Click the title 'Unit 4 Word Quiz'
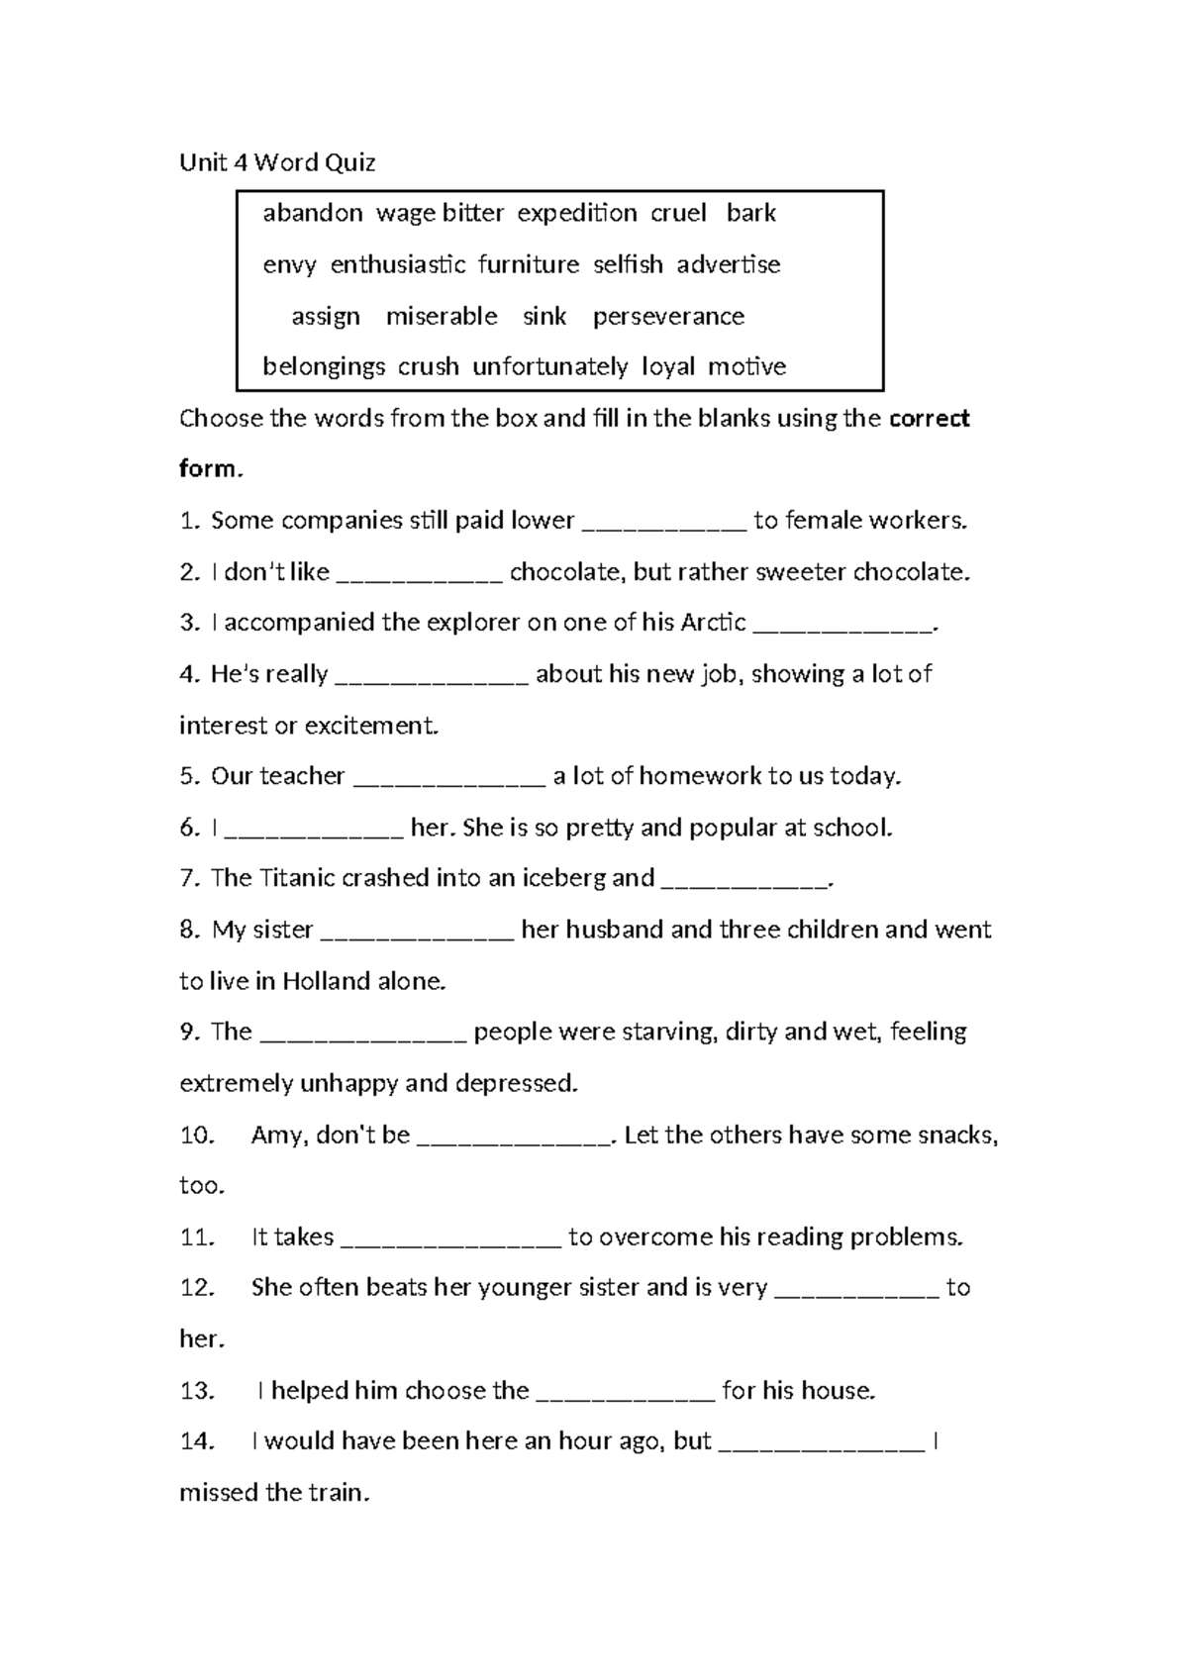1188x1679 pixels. pyautogui.click(x=277, y=163)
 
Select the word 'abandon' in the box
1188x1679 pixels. pyautogui.click(x=312, y=214)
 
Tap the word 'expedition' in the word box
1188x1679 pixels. pyautogui.click(x=577, y=214)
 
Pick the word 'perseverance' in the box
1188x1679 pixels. pyautogui.click(x=668, y=317)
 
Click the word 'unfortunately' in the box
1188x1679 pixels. pyautogui.click(x=549, y=367)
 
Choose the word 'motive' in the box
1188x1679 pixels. pyautogui.click(x=746, y=367)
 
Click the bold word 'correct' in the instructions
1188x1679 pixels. pyautogui.click(x=929, y=419)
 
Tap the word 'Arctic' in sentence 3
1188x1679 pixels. pyautogui.click(x=713, y=623)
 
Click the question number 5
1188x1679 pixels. pyautogui.click(x=190, y=776)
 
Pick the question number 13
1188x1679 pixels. pyautogui.click(x=197, y=1391)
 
